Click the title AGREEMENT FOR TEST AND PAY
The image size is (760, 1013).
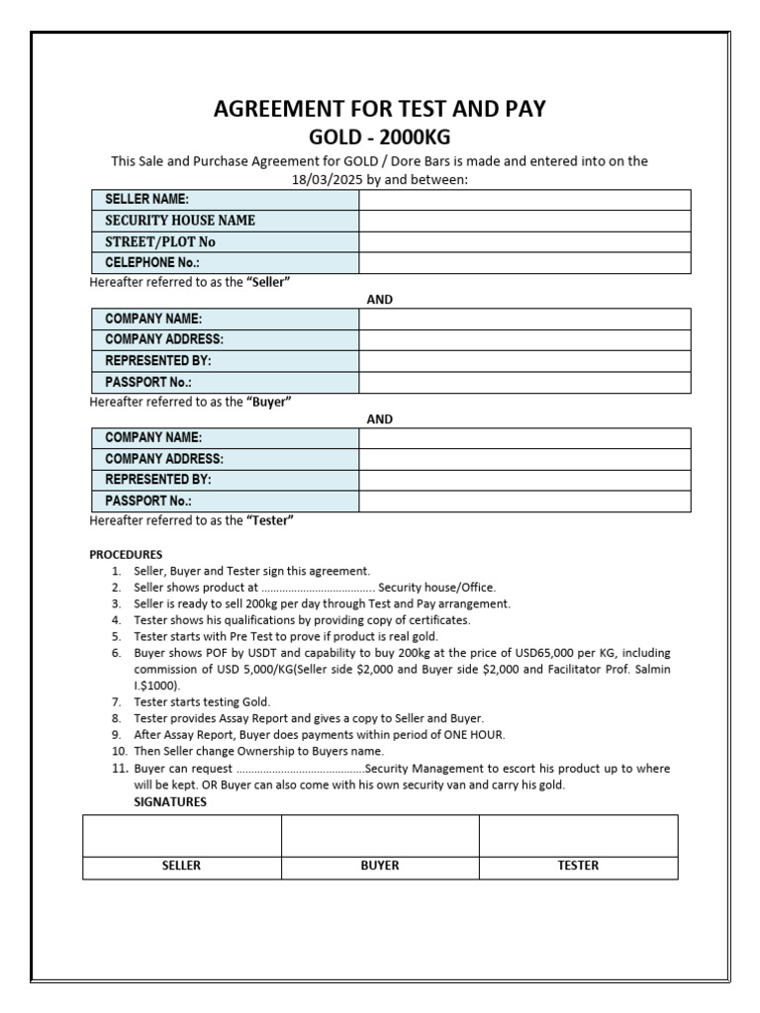(380, 109)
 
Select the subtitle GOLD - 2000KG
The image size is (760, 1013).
(380, 137)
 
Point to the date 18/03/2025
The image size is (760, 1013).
(324, 179)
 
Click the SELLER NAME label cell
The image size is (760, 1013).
(225, 200)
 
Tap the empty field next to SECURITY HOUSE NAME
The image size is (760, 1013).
(524, 221)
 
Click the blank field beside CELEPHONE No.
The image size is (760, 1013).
(524, 262)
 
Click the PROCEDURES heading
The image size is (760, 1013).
(126, 554)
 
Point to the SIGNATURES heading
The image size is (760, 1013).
(170, 802)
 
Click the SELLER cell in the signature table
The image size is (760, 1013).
(181, 866)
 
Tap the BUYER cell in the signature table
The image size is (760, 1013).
(380, 866)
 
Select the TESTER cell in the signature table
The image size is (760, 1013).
(579, 866)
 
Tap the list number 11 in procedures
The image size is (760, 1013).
(116, 769)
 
